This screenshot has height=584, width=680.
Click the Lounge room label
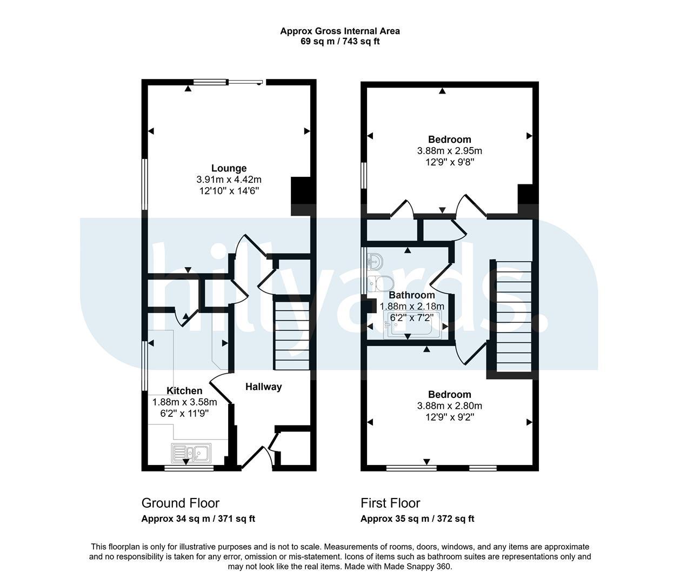pyautogui.click(x=229, y=168)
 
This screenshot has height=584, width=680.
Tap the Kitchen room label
pyautogui.click(x=184, y=391)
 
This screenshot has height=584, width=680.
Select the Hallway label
pyautogui.click(x=263, y=387)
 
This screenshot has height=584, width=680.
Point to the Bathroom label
pyautogui.click(x=411, y=295)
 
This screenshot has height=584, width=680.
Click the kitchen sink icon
pyautogui.click(x=191, y=453)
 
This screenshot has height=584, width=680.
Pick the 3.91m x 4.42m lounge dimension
pyautogui.click(x=229, y=180)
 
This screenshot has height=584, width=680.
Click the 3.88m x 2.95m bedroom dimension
pyautogui.click(x=449, y=151)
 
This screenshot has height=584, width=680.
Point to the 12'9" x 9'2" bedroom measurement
pyautogui.click(x=449, y=417)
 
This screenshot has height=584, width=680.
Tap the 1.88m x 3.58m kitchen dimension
pyautogui.click(x=184, y=402)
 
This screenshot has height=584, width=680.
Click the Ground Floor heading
pyautogui.click(x=181, y=503)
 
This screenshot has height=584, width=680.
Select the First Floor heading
pyautogui.click(x=390, y=503)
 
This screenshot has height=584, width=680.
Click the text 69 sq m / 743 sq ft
pyautogui.click(x=340, y=42)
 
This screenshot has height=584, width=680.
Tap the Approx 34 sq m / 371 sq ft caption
pyautogui.click(x=198, y=519)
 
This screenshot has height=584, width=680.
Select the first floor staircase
pyautogui.click(x=514, y=317)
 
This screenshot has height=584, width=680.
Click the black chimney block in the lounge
pyautogui.click(x=301, y=196)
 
